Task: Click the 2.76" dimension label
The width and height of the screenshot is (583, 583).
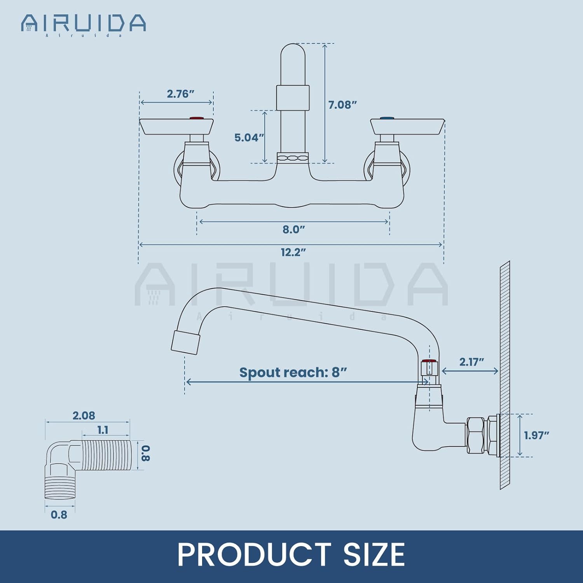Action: click(180, 94)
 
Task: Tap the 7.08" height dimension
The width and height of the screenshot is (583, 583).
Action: click(342, 105)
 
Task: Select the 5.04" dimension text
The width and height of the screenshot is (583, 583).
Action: click(249, 138)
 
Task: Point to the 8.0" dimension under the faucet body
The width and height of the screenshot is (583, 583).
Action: click(293, 229)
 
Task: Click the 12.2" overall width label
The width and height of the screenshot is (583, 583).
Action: click(293, 252)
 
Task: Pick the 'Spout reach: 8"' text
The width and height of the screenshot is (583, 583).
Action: click(293, 372)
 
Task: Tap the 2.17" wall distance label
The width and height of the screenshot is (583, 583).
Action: click(471, 362)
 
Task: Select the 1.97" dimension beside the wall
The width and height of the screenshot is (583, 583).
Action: click(536, 435)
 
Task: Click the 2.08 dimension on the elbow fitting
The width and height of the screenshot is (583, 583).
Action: click(84, 415)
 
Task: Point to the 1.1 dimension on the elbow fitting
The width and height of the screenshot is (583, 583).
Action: click(103, 430)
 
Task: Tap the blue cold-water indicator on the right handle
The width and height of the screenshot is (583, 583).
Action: click(387, 118)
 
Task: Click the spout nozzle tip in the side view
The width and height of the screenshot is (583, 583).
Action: click(185, 342)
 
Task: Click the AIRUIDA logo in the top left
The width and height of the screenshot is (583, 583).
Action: click(84, 24)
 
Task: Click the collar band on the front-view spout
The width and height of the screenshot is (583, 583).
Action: click(293, 98)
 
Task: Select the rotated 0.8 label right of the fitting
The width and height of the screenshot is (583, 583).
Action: click(145, 453)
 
